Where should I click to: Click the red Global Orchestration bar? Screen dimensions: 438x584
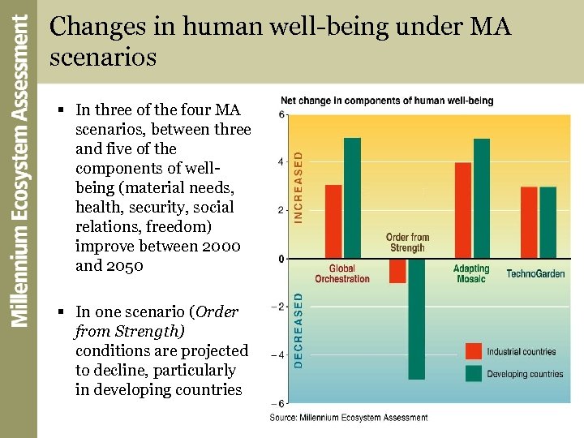pos(333,221)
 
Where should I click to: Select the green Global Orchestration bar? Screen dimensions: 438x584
pos(352,198)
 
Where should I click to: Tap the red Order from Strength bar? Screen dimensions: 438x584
pos(397,271)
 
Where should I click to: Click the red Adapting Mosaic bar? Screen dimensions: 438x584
pos(463,210)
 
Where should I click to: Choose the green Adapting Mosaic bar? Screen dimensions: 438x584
pos(482,198)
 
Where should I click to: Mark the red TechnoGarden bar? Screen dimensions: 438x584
pos(529,222)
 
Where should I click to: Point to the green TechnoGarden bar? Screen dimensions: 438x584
pos(548,222)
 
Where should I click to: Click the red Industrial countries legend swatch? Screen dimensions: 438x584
pos(474,351)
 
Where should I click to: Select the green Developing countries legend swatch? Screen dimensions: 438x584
pos(474,373)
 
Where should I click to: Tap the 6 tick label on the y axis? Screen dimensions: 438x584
pos(281,114)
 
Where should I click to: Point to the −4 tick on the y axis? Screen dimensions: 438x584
pos(280,354)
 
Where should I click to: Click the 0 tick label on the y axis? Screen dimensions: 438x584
pos(281,259)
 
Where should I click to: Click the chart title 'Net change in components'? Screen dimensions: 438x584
pos(387,101)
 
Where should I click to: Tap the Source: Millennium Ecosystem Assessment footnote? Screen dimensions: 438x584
pos(349,418)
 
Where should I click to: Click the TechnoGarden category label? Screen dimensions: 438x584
pos(535,274)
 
